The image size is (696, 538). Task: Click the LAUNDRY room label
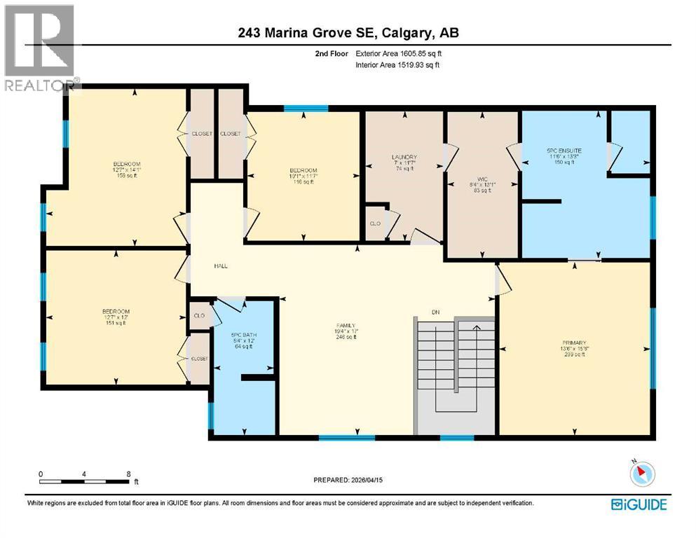(x=404, y=157)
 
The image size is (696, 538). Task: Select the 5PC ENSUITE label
(x=564, y=151)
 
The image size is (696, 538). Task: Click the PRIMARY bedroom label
(x=573, y=343)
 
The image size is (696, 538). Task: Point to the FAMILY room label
(x=346, y=326)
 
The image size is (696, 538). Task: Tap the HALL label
(x=221, y=265)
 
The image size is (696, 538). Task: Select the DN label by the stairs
(x=435, y=312)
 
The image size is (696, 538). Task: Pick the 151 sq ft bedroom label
(x=116, y=311)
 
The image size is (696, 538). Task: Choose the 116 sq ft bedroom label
(x=303, y=171)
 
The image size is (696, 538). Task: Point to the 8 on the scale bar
(x=128, y=474)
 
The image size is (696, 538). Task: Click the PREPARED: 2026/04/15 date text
(x=348, y=480)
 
